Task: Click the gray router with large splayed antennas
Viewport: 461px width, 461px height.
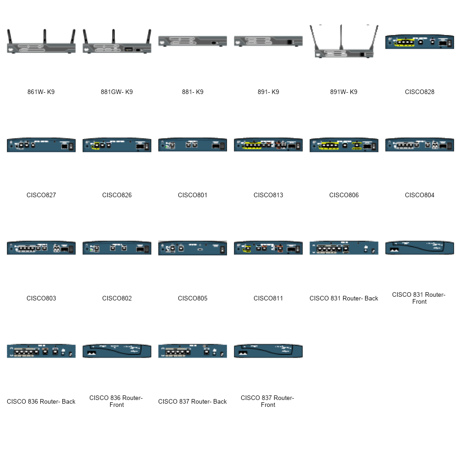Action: click(344, 53)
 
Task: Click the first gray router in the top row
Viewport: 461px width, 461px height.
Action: click(41, 47)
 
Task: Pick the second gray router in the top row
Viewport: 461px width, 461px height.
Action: click(117, 48)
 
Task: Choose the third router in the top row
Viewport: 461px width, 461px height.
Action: click(193, 41)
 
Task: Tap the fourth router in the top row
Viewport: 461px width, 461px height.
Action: click(268, 41)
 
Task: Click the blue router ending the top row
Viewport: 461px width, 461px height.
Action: click(420, 42)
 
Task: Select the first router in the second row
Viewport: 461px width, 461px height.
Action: click(41, 145)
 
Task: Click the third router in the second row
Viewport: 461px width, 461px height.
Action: click(193, 145)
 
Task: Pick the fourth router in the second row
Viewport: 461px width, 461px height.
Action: click(268, 145)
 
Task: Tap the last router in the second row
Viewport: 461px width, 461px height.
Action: click(420, 145)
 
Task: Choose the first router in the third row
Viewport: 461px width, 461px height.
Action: click(41, 248)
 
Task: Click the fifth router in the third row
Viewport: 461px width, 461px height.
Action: click(344, 248)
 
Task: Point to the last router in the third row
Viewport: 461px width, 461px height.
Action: click(420, 248)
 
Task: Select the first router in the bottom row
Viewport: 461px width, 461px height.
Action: click(41, 351)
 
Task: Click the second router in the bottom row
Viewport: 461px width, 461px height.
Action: click(117, 351)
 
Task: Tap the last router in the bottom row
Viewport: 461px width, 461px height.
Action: click(268, 351)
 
